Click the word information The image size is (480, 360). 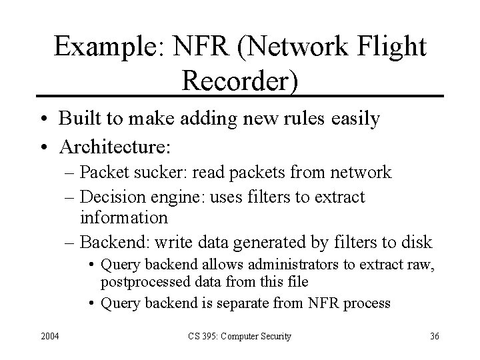124,217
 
